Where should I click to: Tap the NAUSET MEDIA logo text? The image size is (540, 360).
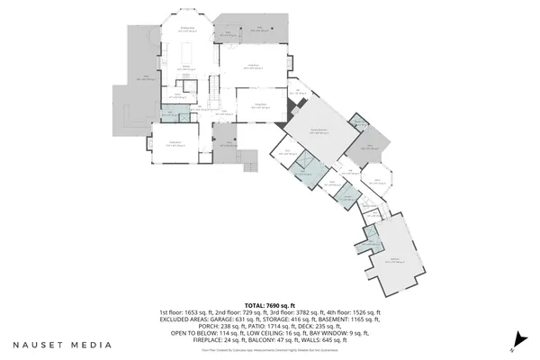[62, 344]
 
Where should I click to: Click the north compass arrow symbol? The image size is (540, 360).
[517, 341]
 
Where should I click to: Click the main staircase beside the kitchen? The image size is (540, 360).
[214, 90]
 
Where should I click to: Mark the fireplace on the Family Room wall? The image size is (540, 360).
[287, 112]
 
